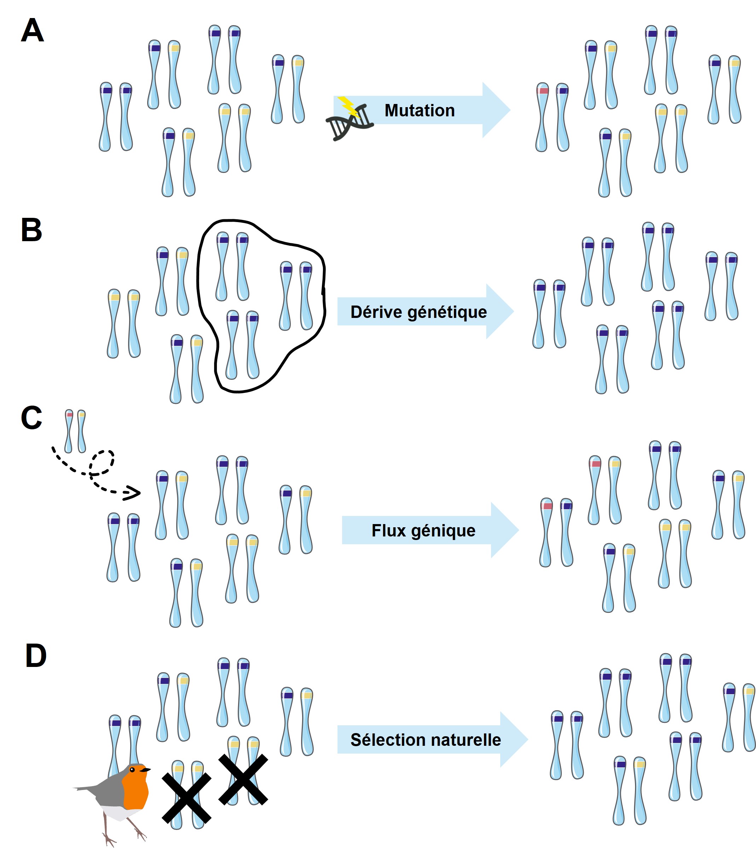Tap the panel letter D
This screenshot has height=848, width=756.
36,656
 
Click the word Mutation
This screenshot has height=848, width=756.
420,110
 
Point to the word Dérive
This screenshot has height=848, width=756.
377,312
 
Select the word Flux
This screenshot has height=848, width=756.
389,530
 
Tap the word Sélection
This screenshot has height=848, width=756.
382,739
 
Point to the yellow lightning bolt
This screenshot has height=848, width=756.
348,106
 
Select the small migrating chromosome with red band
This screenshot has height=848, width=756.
69,431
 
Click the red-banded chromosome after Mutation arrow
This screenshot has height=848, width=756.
542,117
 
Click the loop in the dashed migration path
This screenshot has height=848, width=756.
102,462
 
